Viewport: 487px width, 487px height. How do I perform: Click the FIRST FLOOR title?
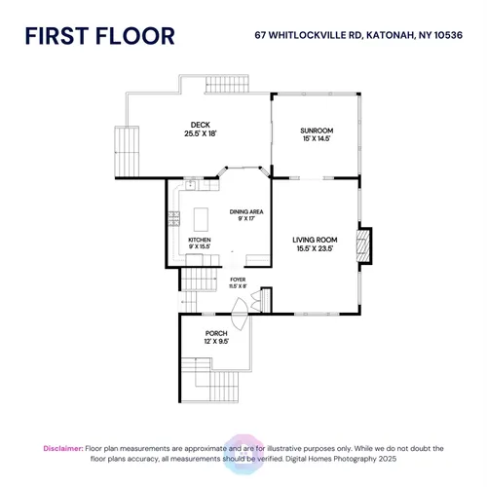click(x=100, y=36)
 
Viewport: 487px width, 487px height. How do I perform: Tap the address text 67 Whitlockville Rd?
click(x=308, y=35)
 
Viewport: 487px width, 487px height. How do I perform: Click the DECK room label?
click(x=201, y=125)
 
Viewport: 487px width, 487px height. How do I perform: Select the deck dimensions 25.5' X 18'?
click(x=201, y=133)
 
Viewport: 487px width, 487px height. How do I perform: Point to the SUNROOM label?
click(x=317, y=131)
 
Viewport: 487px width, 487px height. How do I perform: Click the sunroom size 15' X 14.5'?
click(x=317, y=138)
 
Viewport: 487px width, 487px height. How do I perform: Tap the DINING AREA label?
click(x=246, y=211)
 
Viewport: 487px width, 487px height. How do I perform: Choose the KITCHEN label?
click(x=200, y=240)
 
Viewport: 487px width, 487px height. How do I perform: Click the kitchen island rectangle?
click(x=201, y=219)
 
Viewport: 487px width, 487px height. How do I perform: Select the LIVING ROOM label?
click(x=315, y=240)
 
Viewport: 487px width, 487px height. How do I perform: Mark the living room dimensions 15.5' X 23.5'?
click(x=315, y=248)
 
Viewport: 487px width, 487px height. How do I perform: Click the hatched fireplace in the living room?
click(x=363, y=245)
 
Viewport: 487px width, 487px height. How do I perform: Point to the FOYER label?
click(x=238, y=280)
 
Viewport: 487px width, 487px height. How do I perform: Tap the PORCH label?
click(x=216, y=333)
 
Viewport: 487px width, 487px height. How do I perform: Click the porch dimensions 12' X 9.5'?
click(x=216, y=342)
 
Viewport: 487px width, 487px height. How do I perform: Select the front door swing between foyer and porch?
click(x=240, y=314)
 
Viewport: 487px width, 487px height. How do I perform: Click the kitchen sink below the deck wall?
click(x=190, y=185)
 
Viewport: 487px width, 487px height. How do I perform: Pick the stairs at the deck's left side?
click(x=127, y=151)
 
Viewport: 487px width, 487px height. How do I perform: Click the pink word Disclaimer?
click(x=63, y=448)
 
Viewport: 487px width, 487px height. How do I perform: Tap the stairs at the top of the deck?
click(x=227, y=85)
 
